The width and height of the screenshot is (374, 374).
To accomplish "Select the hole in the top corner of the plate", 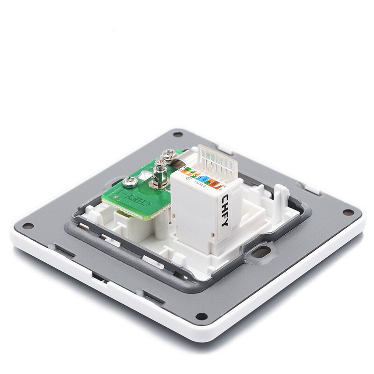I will [x=177, y=135].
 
